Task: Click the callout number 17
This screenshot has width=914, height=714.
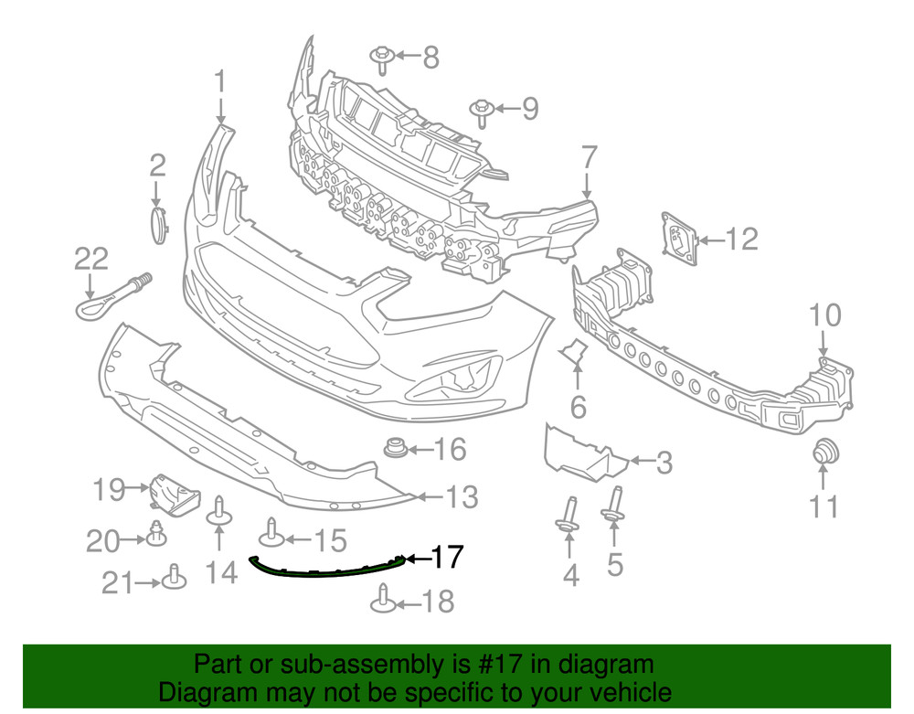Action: pos(447,558)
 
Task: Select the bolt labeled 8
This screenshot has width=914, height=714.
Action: pos(383,59)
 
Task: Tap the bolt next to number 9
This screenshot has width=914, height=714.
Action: pos(482,112)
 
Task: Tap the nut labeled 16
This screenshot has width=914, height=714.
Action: pos(395,450)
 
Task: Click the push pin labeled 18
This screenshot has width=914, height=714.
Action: pos(383,602)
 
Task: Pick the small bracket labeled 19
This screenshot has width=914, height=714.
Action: pos(173,493)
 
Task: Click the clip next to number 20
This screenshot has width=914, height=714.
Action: pos(157,533)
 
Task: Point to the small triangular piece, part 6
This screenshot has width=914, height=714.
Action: pos(574,350)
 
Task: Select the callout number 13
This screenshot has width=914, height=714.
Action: pos(462,497)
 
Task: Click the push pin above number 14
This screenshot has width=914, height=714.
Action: pos(219,513)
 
